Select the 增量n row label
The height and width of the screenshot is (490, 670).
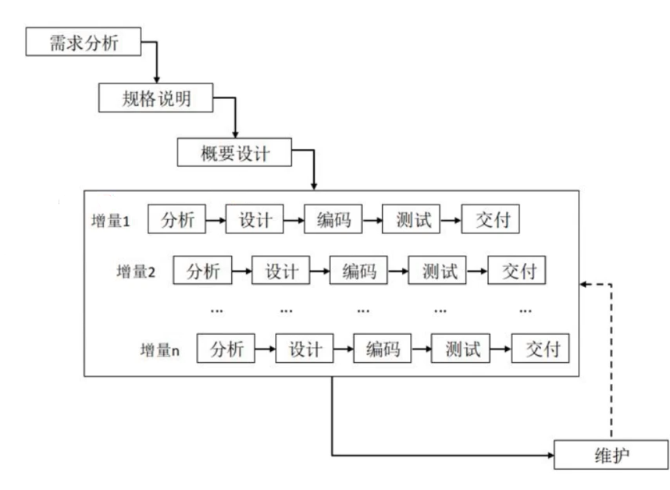point(160,350)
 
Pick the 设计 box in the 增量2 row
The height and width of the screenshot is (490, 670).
point(282,272)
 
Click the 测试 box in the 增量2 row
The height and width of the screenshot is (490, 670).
point(438,272)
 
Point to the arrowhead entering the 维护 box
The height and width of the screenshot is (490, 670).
point(550,454)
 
